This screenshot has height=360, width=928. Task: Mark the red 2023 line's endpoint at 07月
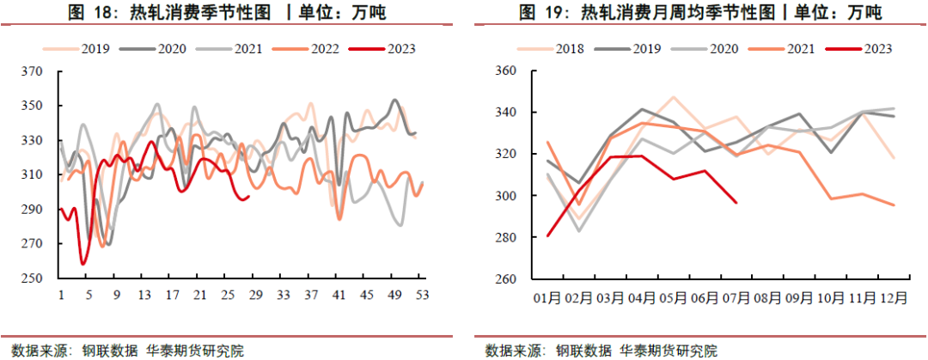pos(736,203)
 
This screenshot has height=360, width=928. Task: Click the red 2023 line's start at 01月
pos(547,235)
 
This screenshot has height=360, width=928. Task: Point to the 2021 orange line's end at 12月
pos(894,204)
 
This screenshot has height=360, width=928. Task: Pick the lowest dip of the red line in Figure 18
pos(82,264)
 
